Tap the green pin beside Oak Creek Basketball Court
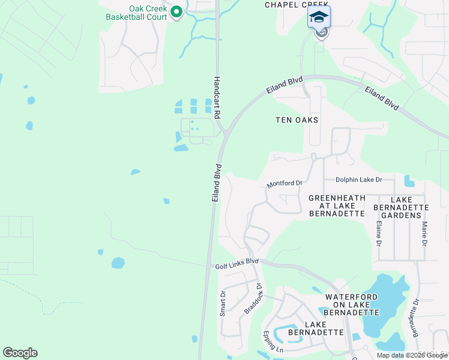[176, 12]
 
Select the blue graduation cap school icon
[319, 17]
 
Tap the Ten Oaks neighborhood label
[297, 120]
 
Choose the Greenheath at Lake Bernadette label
[337, 205]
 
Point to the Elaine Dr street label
[379, 234]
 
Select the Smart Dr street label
[222, 304]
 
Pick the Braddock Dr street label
[255, 299]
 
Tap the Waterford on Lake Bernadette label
[352, 305]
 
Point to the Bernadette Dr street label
[414, 318]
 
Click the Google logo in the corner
[20, 353]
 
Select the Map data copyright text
[412, 355]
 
